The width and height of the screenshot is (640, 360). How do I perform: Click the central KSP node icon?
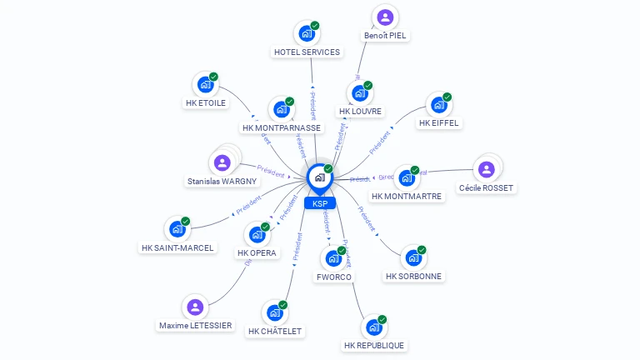pos(319,177)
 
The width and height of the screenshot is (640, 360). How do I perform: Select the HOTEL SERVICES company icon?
pos(307,34)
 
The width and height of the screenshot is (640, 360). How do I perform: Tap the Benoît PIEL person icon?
pos(385,17)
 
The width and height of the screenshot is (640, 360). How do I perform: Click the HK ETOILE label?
pos(205,103)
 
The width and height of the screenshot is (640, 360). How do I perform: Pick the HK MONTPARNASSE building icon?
pos(282,109)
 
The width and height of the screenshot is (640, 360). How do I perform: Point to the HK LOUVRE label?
pos(361,111)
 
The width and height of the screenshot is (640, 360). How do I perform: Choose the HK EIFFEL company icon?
pos(438,105)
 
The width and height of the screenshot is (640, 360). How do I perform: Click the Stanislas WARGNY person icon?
pos(222,162)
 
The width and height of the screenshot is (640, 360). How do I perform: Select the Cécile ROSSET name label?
pos(487,188)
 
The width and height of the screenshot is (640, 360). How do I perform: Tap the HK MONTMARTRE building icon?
pos(407,177)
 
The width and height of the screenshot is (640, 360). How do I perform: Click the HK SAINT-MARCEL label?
pos(177,247)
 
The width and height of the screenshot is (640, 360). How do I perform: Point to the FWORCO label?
pos(334,277)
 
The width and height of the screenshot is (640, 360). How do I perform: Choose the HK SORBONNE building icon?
pos(413,257)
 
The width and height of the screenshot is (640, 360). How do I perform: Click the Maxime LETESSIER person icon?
pos(195,307)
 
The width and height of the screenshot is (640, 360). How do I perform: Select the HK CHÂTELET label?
pos(275,331)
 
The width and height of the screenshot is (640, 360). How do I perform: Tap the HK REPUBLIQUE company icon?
pos(373,327)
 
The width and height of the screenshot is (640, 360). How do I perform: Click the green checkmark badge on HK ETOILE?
pos(213,77)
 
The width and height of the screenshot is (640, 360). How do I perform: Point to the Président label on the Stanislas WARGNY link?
pos(271,169)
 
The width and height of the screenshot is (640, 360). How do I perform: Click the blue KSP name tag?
pos(319,203)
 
